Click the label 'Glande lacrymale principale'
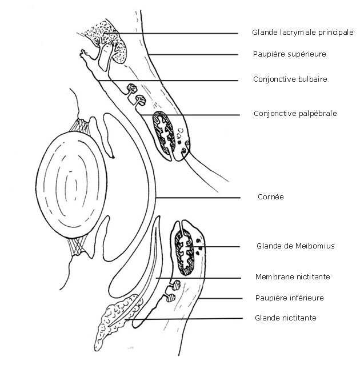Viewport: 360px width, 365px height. [x=303, y=33]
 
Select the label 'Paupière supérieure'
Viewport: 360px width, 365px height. [x=290, y=54]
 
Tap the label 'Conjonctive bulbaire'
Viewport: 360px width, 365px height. [x=290, y=79]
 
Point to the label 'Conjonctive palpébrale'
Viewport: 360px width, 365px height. [x=295, y=114]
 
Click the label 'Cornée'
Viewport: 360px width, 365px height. [x=271, y=197]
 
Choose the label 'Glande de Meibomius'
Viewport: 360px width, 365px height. [x=295, y=246]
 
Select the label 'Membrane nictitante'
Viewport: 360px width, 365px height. [x=293, y=277]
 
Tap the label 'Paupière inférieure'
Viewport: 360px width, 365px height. [x=290, y=298]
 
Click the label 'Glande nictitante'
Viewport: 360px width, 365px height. [x=286, y=318]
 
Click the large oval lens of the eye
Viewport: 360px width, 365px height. [x=71, y=185]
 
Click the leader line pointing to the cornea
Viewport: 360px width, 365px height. [x=198, y=198]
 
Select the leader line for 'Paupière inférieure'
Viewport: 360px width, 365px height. [x=221, y=298]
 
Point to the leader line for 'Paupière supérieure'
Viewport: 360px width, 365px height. [x=193, y=55]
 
